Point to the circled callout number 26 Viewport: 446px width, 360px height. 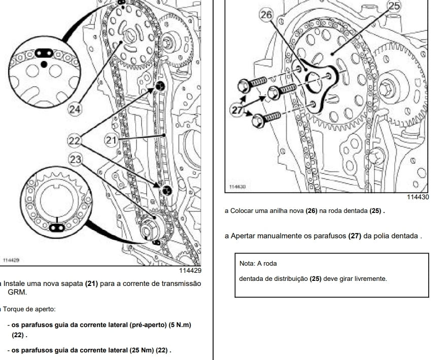point(266,15)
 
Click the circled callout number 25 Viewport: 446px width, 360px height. point(393,6)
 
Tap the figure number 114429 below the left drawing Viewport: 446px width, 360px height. point(190,271)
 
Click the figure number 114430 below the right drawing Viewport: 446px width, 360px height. point(418,197)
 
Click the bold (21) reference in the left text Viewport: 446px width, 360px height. point(91,283)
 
